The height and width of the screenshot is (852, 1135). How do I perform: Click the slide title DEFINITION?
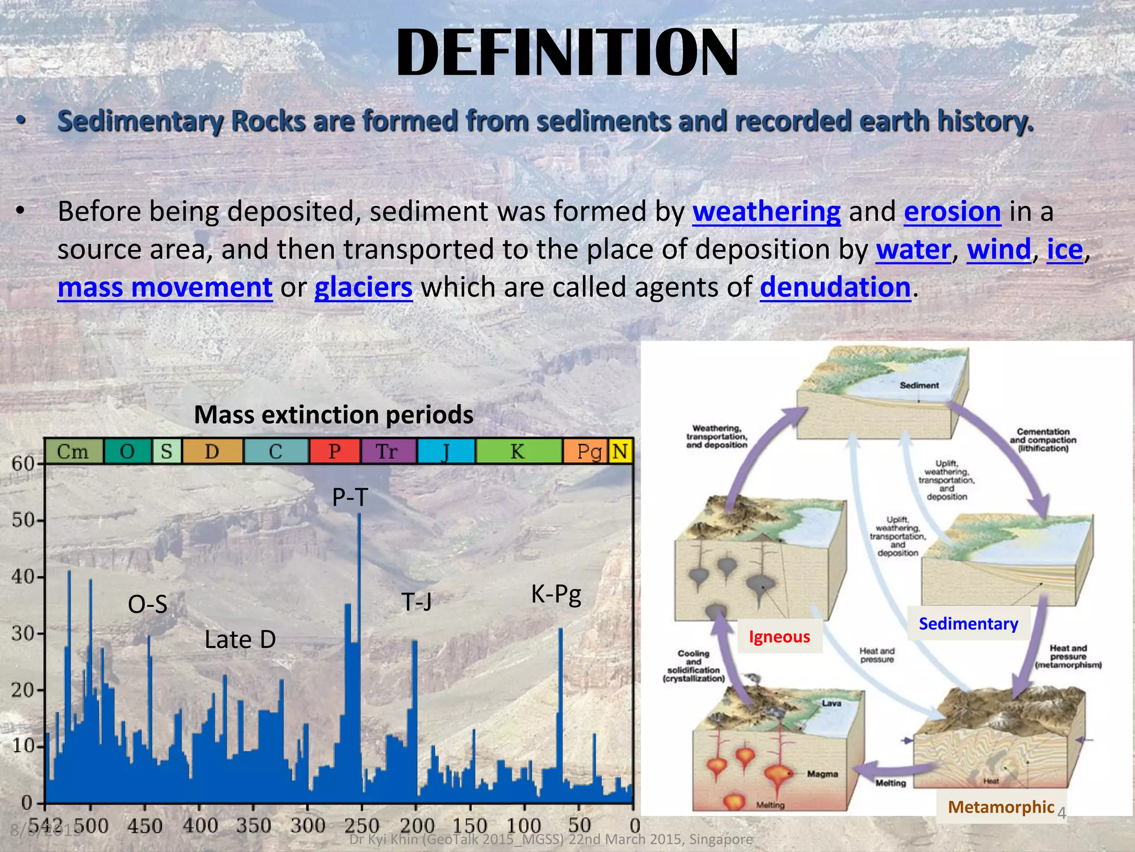(x=567, y=53)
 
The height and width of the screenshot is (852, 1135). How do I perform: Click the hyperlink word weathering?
(x=766, y=212)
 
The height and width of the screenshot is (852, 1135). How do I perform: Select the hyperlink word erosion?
(x=952, y=212)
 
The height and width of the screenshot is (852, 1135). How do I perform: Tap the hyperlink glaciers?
(x=364, y=288)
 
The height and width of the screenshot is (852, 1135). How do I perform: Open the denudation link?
(x=835, y=288)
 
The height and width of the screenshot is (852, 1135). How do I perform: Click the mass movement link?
(x=165, y=288)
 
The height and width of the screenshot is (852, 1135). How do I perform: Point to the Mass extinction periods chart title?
(x=334, y=415)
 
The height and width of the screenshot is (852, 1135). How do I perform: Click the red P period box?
(x=334, y=451)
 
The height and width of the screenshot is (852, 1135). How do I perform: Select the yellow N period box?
(x=620, y=451)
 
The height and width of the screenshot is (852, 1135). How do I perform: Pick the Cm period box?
(x=73, y=451)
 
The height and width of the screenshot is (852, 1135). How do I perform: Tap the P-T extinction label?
(x=350, y=497)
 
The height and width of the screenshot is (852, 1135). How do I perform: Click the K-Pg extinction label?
(x=556, y=594)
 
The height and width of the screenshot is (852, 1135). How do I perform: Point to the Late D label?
(x=240, y=640)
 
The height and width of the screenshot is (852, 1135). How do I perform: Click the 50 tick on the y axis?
(x=23, y=520)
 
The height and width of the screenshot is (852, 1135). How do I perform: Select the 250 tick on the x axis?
(x=361, y=825)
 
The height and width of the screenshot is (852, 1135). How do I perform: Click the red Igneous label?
(x=779, y=637)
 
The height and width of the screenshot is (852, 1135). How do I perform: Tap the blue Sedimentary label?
(x=968, y=623)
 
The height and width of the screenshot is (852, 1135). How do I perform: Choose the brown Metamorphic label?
(x=1001, y=807)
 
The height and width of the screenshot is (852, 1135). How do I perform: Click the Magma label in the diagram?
(x=822, y=774)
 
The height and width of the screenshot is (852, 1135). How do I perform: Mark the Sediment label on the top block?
(x=919, y=385)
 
